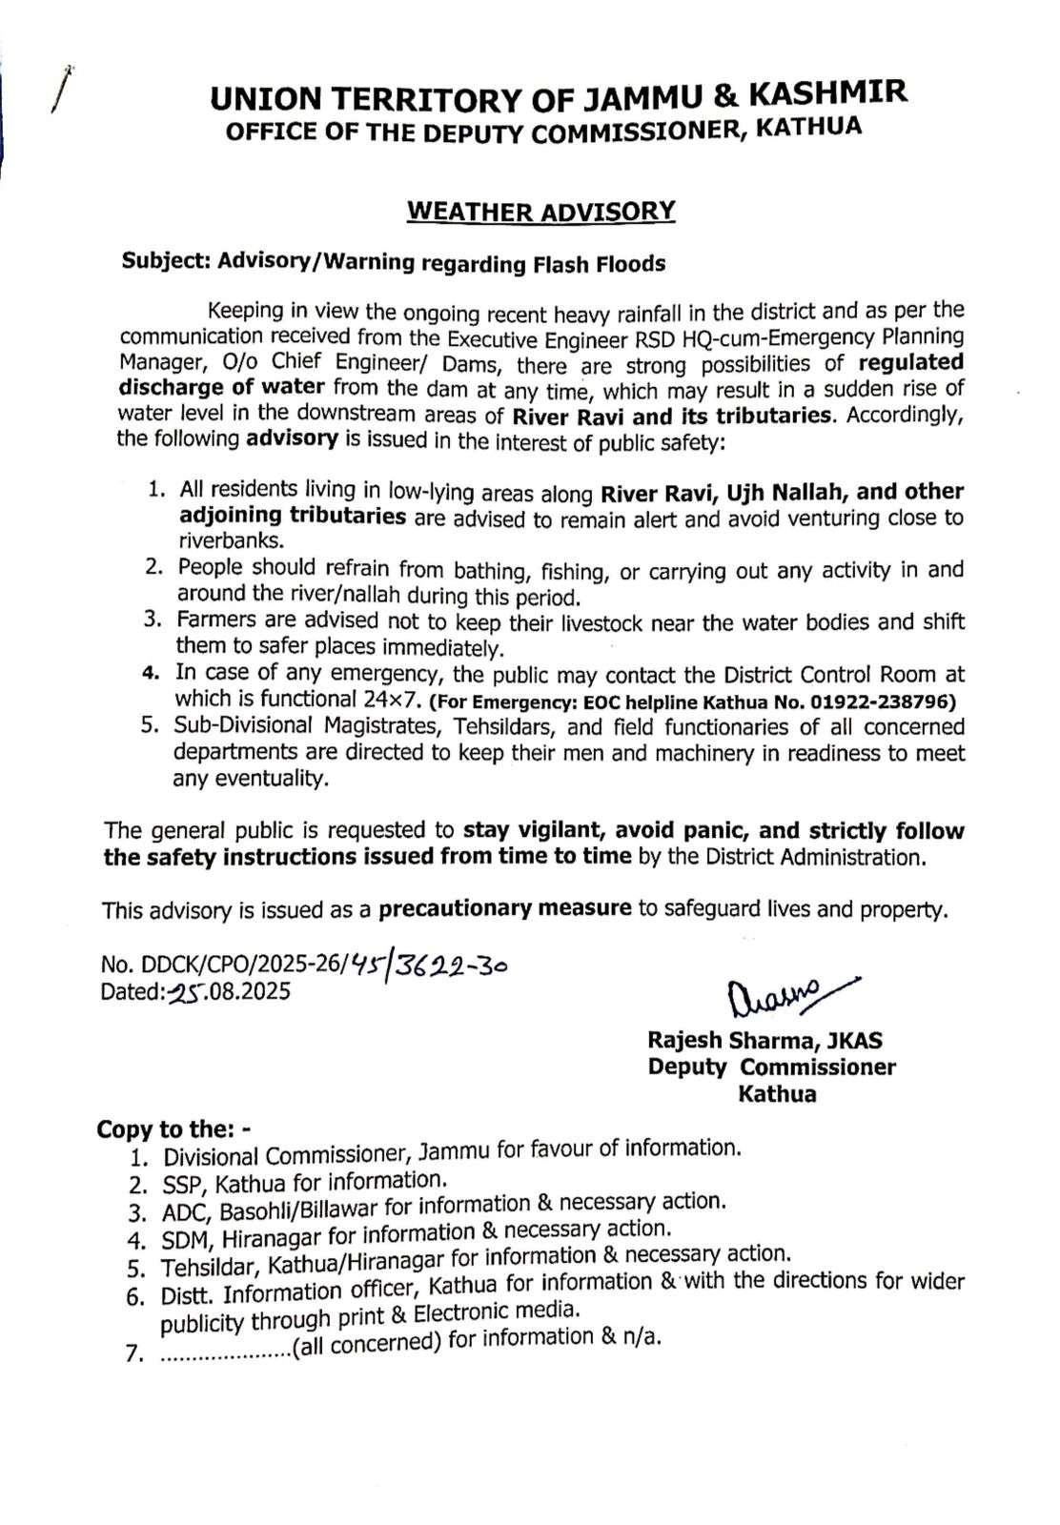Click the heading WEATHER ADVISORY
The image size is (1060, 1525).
(x=540, y=211)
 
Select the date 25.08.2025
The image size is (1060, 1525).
(x=229, y=991)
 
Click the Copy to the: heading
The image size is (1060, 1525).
(x=173, y=1128)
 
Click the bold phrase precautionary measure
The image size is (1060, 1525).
(x=504, y=907)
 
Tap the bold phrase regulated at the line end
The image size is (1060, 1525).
(x=910, y=362)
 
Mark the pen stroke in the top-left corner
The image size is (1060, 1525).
(x=63, y=91)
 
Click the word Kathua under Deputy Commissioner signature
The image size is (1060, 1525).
(x=777, y=1093)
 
